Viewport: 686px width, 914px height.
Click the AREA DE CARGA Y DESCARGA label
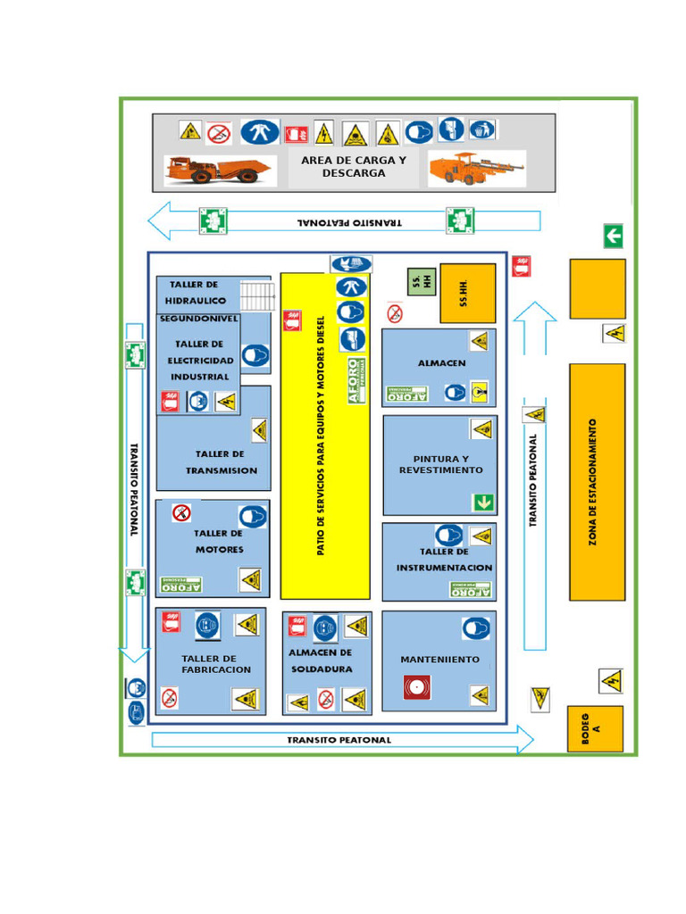[354, 167]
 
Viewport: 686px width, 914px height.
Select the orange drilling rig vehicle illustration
[474, 168]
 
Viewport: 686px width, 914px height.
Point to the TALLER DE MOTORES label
[219, 542]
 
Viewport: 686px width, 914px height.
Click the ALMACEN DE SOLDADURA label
[321, 661]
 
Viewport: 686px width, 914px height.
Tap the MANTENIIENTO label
[439, 660]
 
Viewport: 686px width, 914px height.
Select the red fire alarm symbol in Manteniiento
[415, 688]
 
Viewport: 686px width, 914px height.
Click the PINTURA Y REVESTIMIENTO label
[440, 464]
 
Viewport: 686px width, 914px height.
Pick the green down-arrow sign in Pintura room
[483, 502]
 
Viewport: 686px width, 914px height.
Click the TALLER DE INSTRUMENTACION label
[444, 560]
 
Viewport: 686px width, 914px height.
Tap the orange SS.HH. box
[467, 293]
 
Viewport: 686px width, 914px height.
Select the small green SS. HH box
[421, 282]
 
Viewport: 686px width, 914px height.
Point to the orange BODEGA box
[595, 728]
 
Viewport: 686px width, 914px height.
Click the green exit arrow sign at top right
[613, 237]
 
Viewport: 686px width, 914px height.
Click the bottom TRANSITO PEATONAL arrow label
[339, 740]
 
